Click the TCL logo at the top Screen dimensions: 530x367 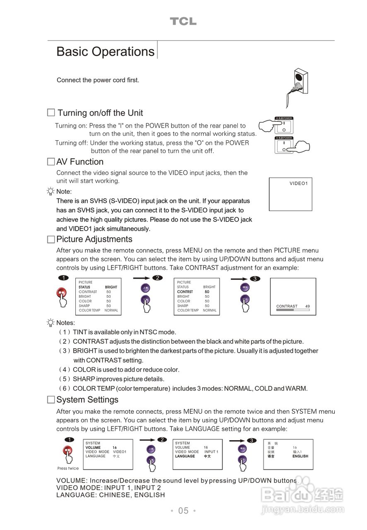point(183,22)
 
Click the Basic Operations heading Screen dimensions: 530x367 point(105,52)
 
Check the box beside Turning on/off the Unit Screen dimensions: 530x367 point(51,113)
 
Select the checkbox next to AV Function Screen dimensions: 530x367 point(51,162)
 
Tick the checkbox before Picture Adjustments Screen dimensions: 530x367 point(51,239)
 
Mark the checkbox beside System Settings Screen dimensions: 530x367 point(51,400)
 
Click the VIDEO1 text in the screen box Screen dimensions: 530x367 point(298,183)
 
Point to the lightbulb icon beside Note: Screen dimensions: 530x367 point(51,191)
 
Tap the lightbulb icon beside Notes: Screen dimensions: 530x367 point(51,323)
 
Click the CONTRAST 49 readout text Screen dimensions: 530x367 point(293,306)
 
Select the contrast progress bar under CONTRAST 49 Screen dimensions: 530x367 point(292,310)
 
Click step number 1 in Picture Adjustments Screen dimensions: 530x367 point(63,278)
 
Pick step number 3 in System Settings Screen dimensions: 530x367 point(251,440)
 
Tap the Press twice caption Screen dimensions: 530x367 point(68,468)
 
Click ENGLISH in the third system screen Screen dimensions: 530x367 point(300,456)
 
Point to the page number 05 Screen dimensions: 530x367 point(183,511)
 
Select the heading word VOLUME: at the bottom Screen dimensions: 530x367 point(71,481)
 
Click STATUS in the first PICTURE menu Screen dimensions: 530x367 point(85,287)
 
